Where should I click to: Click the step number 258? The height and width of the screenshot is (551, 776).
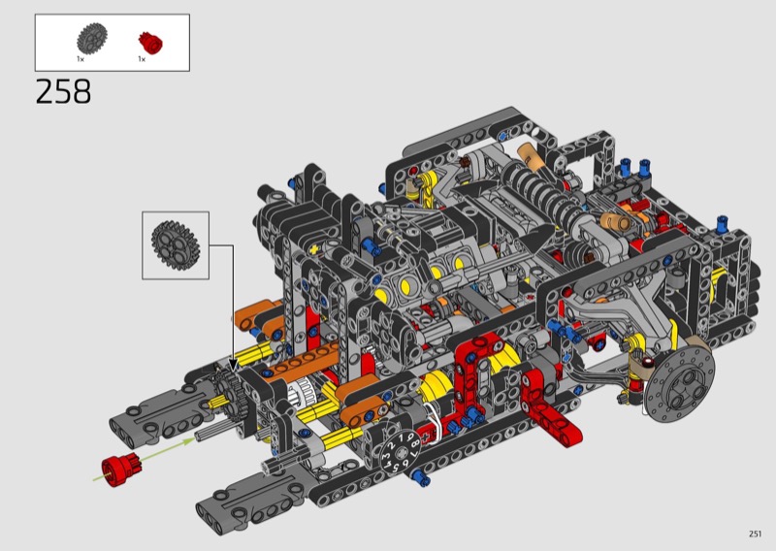click(x=63, y=91)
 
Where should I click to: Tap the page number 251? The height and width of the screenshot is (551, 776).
click(x=755, y=534)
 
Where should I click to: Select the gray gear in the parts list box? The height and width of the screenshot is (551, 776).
click(x=92, y=39)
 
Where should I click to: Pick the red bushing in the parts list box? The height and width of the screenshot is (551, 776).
click(x=150, y=43)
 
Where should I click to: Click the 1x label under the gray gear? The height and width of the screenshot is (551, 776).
click(x=81, y=59)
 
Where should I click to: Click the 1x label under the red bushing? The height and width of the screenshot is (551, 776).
click(x=142, y=59)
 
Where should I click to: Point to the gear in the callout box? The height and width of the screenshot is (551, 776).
click(x=176, y=246)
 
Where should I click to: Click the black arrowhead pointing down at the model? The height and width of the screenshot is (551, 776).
click(x=233, y=365)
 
